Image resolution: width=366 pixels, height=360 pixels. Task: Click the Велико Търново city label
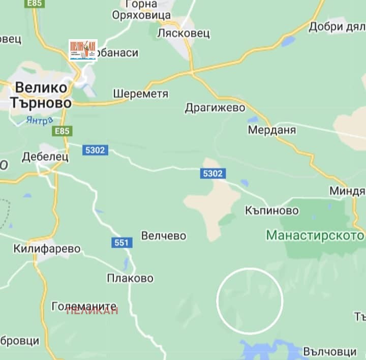[x=40, y=95]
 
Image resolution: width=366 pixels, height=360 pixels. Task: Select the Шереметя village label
[x=141, y=94]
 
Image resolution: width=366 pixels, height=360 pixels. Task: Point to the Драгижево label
[x=215, y=108]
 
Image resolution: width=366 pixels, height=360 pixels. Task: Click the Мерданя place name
[x=272, y=130]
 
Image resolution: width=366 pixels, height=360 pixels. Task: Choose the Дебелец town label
[x=45, y=157]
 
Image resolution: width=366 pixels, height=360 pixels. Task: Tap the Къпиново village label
[x=271, y=210]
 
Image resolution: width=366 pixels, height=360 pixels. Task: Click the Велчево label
[x=164, y=236]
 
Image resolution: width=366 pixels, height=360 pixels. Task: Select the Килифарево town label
[x=48, y=249]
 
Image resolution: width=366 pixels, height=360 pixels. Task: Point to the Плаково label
[x=130, y=279]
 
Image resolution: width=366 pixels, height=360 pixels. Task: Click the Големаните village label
[x=84, y=306]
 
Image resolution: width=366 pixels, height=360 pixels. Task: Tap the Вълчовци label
[x=329, y=351]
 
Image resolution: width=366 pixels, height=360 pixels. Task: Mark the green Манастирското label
[x=316, y=236]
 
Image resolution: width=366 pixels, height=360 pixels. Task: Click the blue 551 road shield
[x=121, y=243]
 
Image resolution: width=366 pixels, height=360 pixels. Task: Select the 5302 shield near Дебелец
[x=95, y=150]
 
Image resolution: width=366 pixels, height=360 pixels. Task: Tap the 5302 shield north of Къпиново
[x=212, y=174]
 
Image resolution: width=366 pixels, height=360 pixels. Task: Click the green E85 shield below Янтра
[x=62, y=131]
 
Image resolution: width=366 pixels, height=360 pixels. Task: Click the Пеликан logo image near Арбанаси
[x=83, y=50]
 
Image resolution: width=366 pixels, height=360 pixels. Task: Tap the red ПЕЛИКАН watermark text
[x=92, y=311]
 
